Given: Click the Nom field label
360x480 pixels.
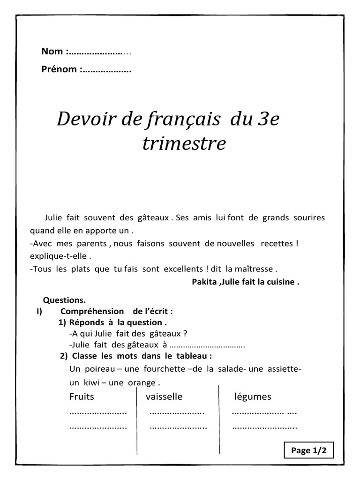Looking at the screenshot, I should click(53, 52).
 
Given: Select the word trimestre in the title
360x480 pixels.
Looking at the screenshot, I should click(184, 144).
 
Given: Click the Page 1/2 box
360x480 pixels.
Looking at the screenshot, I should click(308, 450).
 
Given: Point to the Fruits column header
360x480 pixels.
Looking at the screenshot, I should click(82, 397).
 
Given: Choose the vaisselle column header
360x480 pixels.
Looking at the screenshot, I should click(164, 397).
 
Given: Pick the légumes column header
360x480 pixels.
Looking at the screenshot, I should click(253, 397).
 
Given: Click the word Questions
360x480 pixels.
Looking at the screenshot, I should click(65, 300).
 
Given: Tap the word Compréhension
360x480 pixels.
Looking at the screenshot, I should click(92, 311).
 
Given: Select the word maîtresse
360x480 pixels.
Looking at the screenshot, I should click(255, 269).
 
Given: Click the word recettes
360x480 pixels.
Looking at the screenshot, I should click(277, 244).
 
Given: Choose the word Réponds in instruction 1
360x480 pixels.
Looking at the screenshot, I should click(86, 322).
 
